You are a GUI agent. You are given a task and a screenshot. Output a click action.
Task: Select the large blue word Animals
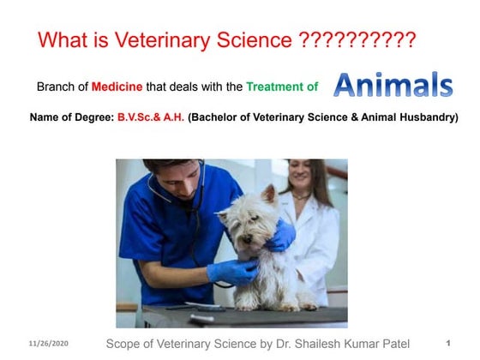tap(393, 85)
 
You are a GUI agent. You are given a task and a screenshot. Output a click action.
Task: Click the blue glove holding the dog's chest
tap(231, 272)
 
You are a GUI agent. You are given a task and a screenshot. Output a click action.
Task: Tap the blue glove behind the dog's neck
tap(282, 235)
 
